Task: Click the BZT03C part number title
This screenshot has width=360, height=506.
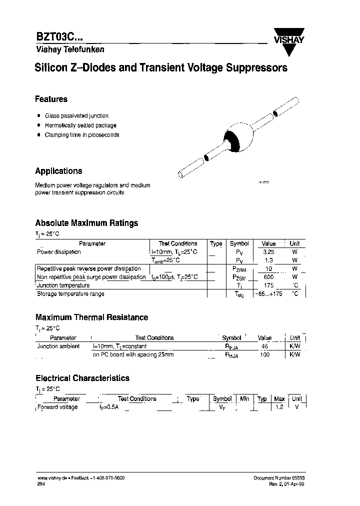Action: click(x=59, y=38)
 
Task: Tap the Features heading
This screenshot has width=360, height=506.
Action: click(x=51, y=99)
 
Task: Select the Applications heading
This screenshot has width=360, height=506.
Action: click(x=58, y=171)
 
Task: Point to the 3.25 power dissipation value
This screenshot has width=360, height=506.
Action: click(x=268, y=252)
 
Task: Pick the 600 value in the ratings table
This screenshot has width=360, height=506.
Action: click(x=268, y=277)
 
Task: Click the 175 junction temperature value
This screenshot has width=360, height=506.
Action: click(x=268, y=285)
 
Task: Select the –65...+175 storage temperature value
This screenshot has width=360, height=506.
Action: click(x=268, y=294)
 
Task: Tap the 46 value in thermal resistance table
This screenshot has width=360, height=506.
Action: click(x=265, y=346)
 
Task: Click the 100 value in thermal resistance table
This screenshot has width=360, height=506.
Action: click(x=265, y=354)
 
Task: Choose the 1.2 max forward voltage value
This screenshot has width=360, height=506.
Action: click(x=279, y=407)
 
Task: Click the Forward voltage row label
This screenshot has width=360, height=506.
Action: click(x=57, y=407)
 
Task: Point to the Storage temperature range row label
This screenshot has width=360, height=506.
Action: click(x=70, y=294)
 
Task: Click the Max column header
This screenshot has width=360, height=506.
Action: click(x=279, y=398)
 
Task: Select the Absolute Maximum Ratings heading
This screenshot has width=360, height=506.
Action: click(x=86, y=223)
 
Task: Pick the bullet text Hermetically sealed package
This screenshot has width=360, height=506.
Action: click(x=80, y=125)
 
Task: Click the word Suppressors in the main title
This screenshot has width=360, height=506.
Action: click(x=258, y=68)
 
